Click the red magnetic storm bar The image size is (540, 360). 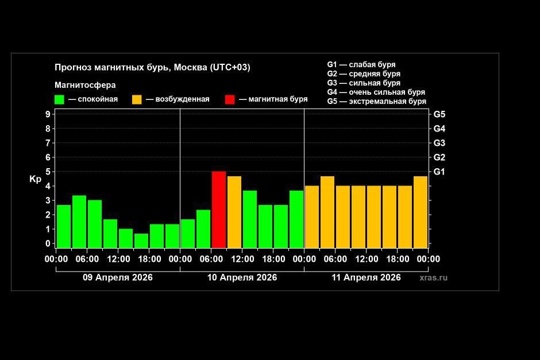point(218,209)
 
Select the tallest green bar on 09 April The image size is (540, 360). point(79,221)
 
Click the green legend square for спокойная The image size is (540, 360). point(59,99)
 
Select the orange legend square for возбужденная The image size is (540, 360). point(137,99)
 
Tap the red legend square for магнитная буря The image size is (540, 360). point(230,99)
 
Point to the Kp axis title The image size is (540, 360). point(36,179)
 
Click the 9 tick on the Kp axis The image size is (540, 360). point(48,114)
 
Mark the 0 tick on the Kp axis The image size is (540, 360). point(48,243)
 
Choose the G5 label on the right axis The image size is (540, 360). point(439,114)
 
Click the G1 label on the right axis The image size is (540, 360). point(439,172)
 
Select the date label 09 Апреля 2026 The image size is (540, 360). point(118,277)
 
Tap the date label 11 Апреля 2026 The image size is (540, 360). point(366,277)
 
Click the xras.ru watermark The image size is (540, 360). point(433,277)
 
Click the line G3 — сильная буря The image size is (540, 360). point(364,83)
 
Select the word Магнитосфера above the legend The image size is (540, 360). point(85,85)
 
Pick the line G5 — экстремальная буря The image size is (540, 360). point(376,102)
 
